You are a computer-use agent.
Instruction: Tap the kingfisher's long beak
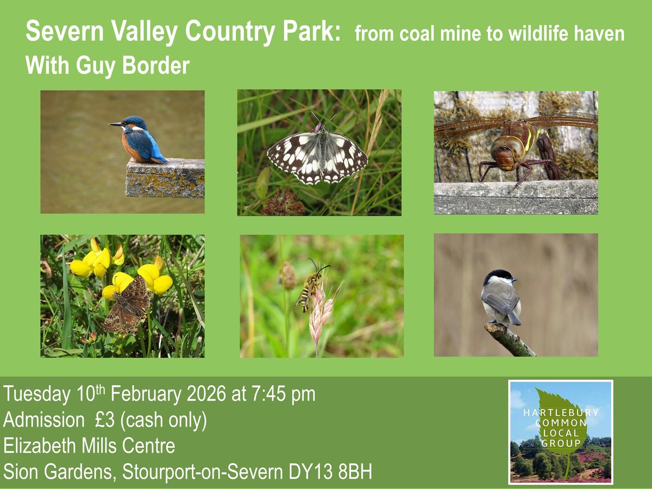click(x=116, y=124)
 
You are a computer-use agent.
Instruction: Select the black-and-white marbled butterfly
click(x=318, y=154)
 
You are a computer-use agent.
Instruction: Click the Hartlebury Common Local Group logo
click(x=560, y=432)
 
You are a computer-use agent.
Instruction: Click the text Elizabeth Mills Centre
click(x=90, y=446)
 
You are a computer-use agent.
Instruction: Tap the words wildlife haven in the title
click(x=567, y=34)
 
